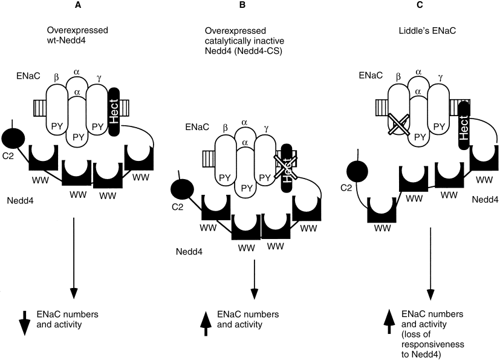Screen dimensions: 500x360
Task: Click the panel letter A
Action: pos(78,5)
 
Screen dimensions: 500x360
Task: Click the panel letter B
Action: pos(242,5)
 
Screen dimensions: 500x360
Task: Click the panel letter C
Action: pos(420,5)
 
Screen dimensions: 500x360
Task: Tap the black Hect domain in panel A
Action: pos(114,112)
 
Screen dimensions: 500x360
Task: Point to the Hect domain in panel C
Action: pos(464,126)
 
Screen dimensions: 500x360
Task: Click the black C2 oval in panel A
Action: pos(13,138)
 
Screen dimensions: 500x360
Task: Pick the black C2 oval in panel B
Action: pos(182,189)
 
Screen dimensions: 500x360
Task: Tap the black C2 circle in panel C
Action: pos(357,170)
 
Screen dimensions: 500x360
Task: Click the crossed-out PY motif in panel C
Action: pos(398,125)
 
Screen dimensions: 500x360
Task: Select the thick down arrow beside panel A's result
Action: pos(25,322)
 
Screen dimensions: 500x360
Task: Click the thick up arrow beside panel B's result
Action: pos(206,323)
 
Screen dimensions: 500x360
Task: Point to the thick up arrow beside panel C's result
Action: pos(389,321)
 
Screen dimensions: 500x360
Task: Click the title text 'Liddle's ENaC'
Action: pos(427,31)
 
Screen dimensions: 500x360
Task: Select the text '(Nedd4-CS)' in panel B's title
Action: pos(260,51)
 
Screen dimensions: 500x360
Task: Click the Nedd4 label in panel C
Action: pos(485,200)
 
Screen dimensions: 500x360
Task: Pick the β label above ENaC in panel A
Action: pos(56,77)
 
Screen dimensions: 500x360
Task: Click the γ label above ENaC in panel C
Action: pos(440,77)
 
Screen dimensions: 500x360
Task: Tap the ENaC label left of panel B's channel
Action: pos(197,126)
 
